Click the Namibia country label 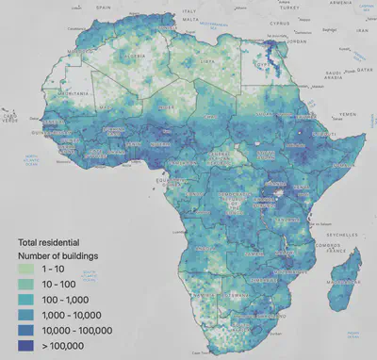205,300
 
